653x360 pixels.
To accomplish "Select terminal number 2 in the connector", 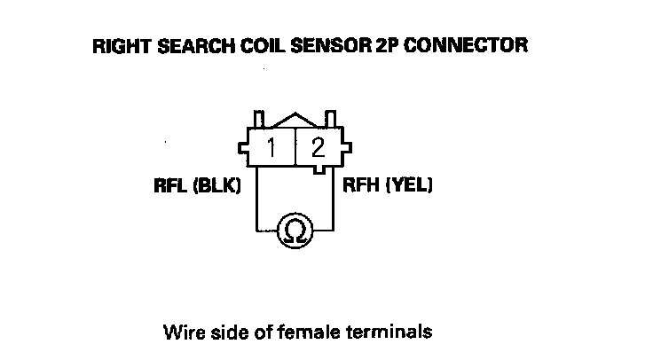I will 318,147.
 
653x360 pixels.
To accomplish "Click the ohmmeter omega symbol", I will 295,231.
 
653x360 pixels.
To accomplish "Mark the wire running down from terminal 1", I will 256,200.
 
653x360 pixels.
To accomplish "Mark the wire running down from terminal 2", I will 333,200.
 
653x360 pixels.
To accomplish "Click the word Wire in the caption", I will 179,333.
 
